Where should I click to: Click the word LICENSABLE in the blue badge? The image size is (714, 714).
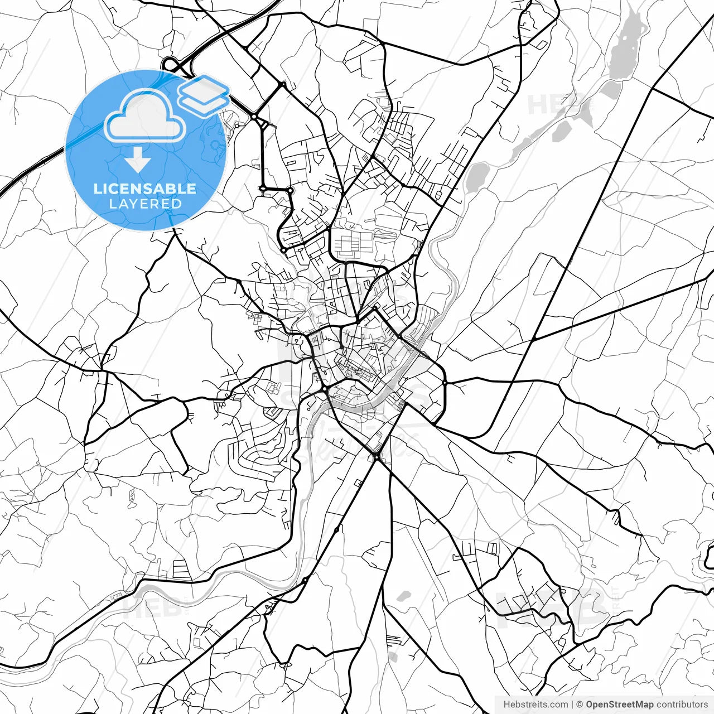(x=145, y=189)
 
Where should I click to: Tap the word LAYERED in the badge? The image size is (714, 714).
(x=145, y=204)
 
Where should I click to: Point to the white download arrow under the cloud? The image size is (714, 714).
(x=138, y=160)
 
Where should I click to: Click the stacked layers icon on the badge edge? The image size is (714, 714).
(x=204, y=93)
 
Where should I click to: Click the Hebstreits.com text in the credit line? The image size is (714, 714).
(x=535, y=705)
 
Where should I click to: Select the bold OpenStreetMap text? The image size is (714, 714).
(x=619, y=705)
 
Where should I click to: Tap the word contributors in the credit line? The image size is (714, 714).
(x=682, y=705)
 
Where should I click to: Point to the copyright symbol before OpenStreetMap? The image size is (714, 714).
(x=580, y=705)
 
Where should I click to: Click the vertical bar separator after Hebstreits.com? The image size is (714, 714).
(x=573, y=705)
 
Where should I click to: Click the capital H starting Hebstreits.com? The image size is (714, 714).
(x=506, y=705)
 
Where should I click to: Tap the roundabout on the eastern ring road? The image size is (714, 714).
(x=445, y=383)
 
